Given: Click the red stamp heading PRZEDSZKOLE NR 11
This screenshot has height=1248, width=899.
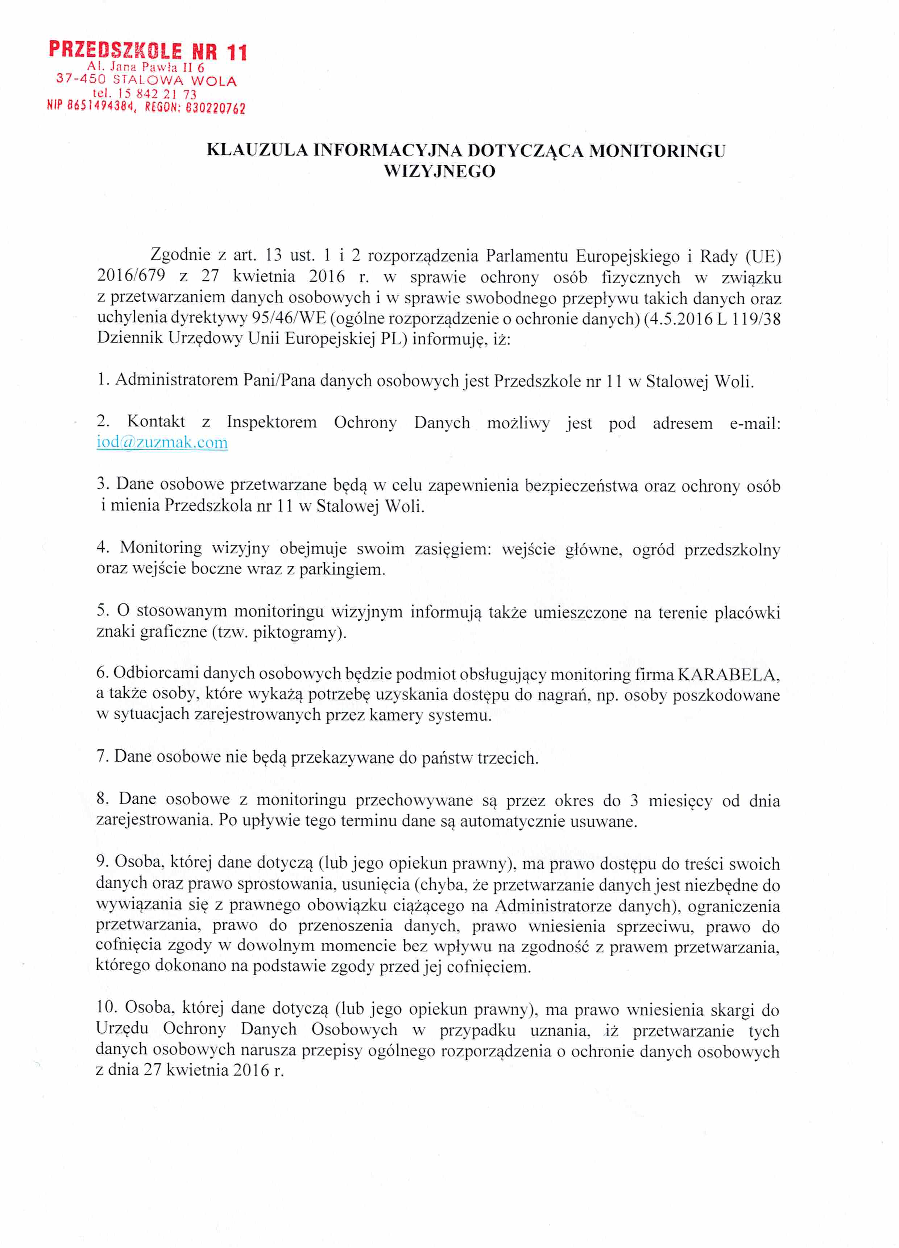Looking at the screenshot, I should [x=148, y=51].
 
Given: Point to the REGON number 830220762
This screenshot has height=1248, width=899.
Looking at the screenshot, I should [x=216, y=108].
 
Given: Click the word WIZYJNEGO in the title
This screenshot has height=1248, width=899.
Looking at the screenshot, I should [x=439, y=172].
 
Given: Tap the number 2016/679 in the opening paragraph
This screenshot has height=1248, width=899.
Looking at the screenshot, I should [x=131, y=276].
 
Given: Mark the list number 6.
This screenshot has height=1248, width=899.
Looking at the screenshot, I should [x=102, y=673].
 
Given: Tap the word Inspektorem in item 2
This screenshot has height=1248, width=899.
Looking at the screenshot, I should [x=272, y=422].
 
